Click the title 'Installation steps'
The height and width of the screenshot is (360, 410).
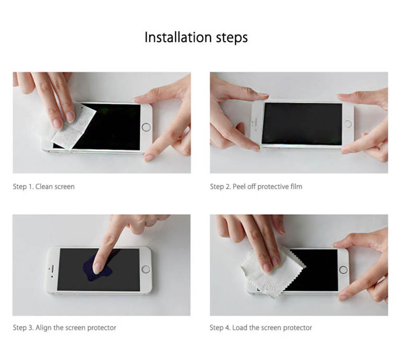click(196, 37)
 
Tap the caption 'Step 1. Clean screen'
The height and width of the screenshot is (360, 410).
click(44, 187)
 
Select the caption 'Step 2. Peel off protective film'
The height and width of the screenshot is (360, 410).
click(256, 187)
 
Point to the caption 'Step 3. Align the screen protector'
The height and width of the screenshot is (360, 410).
click(64, 328)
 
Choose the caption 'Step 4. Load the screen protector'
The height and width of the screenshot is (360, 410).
click(261, 328)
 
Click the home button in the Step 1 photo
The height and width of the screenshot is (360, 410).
click(146, 127)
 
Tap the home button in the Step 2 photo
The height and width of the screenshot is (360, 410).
click(348, 124)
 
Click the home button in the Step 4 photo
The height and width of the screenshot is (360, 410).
click(343, 269)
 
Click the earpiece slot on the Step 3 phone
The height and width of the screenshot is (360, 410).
click(52, 269)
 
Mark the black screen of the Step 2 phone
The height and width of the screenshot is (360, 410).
click(302, 124)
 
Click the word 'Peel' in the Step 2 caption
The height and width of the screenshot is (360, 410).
click(239, 187)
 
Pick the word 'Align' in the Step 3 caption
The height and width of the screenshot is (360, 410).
click(43, 328)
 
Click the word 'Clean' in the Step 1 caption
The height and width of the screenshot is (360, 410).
click(44, 187)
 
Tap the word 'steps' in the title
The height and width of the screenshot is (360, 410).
click(232, 38)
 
